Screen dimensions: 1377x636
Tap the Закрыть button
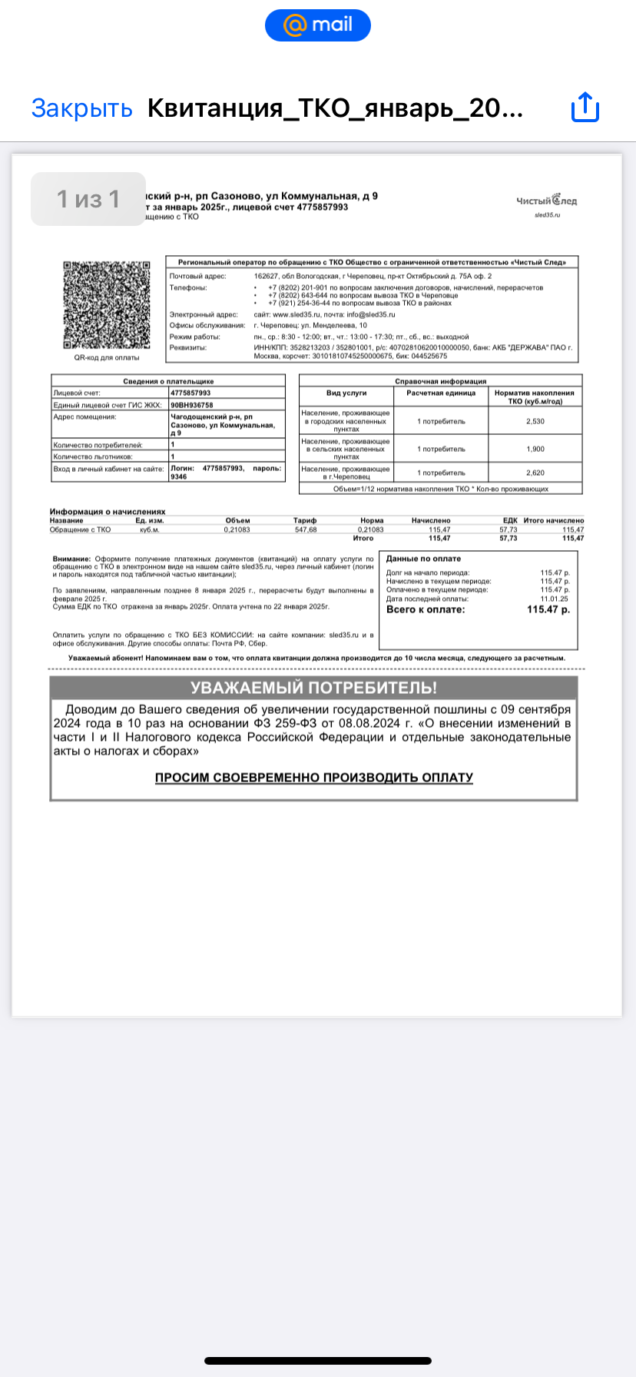pyautogui.click(x=81, y=108)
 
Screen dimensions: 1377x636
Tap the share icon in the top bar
pyautogui.click(x=585, y=108)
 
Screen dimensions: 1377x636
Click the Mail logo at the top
pyautogui.click(x=318, y=25)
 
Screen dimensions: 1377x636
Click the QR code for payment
pyautogui.click(x=106, y=305)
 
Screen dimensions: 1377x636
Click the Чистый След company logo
pyautogui.click(x=546, y=201)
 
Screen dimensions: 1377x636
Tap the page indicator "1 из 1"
pyautogui.click(x=88, y=199)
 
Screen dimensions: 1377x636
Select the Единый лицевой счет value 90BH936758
pyautogui.click(x=192, y=405)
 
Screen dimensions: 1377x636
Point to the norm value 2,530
pyautogui.click(x=535, y=421)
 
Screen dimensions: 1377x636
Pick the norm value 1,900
pyautogui.click(x=535, y=449)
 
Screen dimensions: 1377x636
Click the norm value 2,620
pyautogui.click(x=535, y=473)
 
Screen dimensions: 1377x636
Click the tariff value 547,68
pyautogui.click(x=306, y=529)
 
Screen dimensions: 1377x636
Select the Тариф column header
pyautogui.click(x=305, y=520)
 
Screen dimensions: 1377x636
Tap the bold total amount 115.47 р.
pyautogui.click(x=548, y=609)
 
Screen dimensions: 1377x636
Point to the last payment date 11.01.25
pyautogui.click(x=554, y=599)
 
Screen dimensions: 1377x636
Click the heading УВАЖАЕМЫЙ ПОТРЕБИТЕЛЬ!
pyautogui.click(x=313, y=688)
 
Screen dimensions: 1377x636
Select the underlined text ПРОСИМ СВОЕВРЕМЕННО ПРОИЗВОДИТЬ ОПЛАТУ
pyautogui.click(x=313, y=778)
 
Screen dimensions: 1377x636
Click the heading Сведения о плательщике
pyautogui.click(x=168, y=381)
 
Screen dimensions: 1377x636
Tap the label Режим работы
pyautogui.click(x=194, y=337)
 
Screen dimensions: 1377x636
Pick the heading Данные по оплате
pyautogui.click(x=423, y=559)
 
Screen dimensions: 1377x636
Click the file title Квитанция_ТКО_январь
pyautogui.click(x=335, y=108)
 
